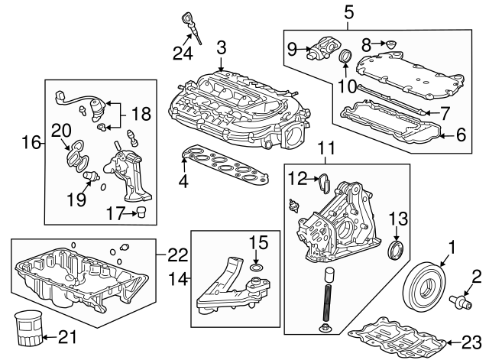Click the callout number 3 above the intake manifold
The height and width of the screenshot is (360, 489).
point(221,47)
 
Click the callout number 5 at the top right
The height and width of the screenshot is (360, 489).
point(349,11)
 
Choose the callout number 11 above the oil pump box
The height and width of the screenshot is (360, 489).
point(326,149)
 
